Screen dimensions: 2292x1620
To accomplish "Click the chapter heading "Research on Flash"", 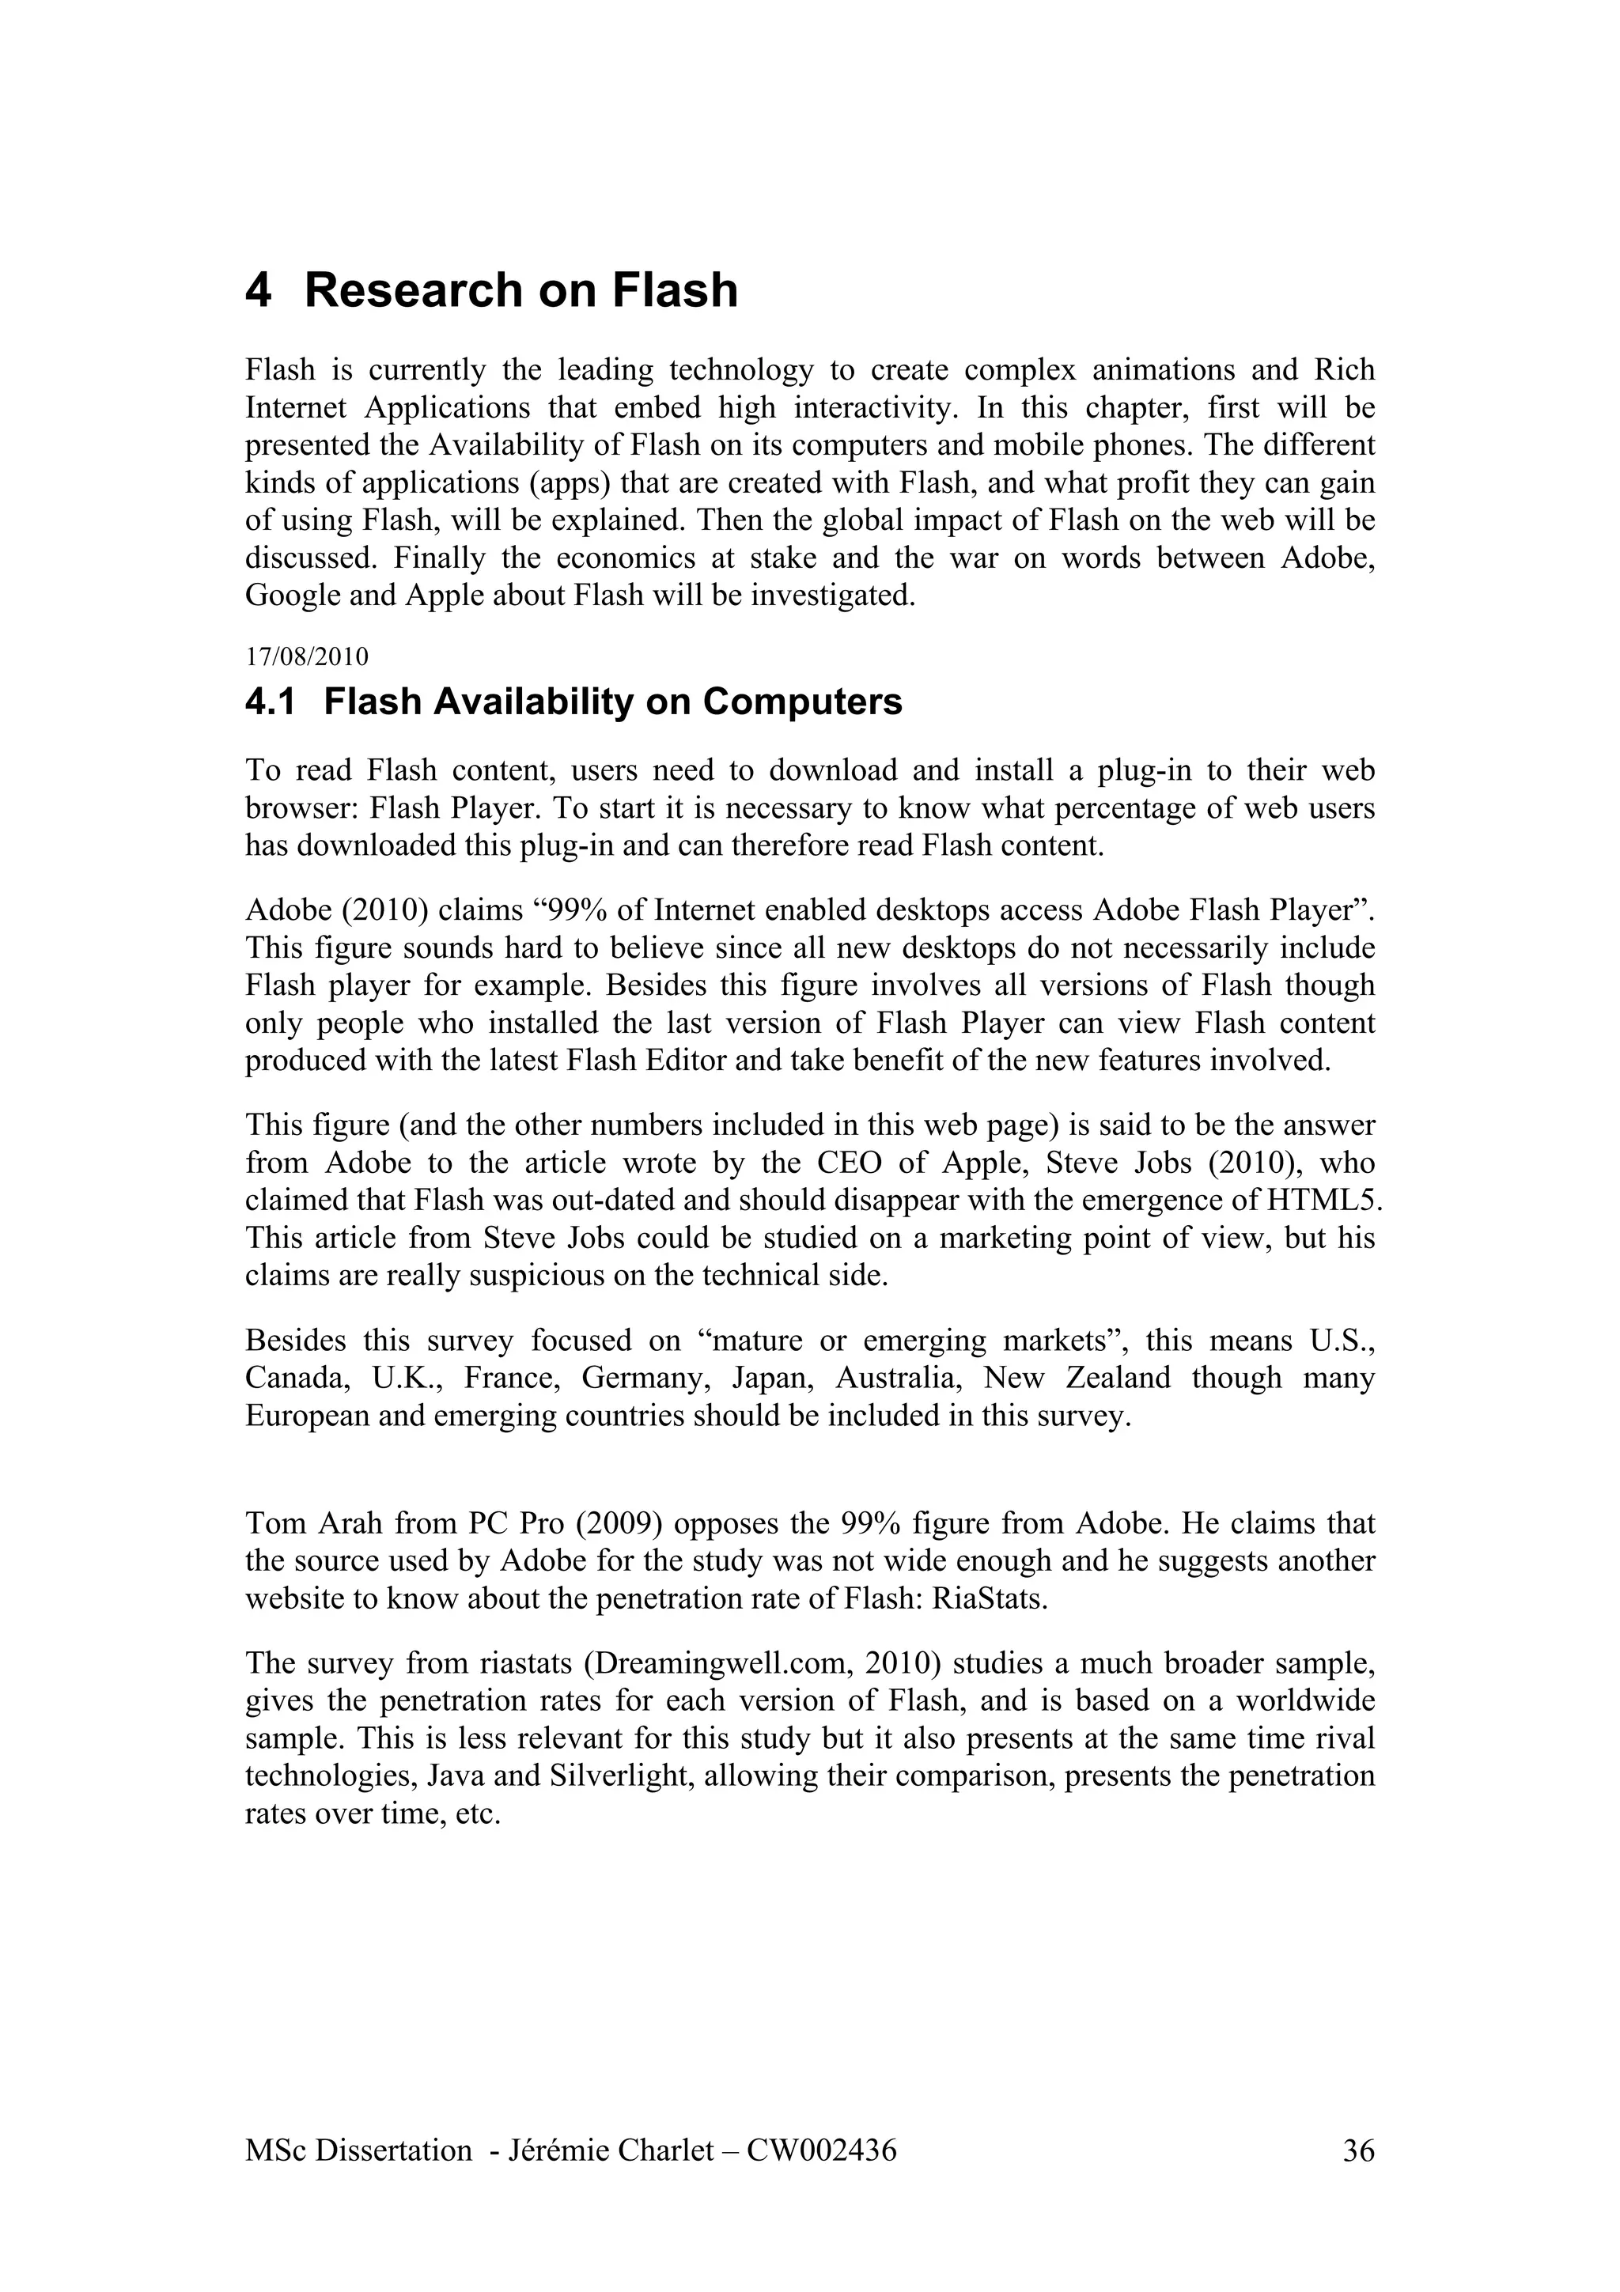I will (521, 290).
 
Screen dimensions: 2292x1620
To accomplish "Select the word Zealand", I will (1117, 1378).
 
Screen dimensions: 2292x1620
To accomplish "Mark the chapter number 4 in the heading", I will (258, 290).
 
